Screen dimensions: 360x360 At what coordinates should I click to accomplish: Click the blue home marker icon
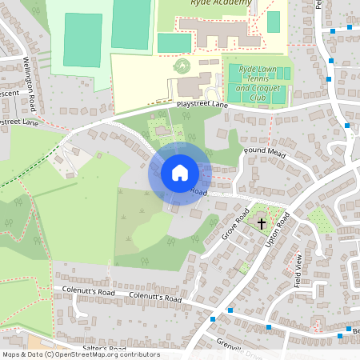pos(180,173)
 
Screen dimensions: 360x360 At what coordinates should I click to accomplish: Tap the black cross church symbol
pos(263,223)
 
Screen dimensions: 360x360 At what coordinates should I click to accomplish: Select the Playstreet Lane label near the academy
pos(202,105)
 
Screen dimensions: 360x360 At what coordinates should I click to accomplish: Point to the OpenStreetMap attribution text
pos(80,354)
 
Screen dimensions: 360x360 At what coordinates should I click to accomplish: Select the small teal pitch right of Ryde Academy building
pos(274,22)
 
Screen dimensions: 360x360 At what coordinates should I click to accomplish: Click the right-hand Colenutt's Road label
pos(155,298)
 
